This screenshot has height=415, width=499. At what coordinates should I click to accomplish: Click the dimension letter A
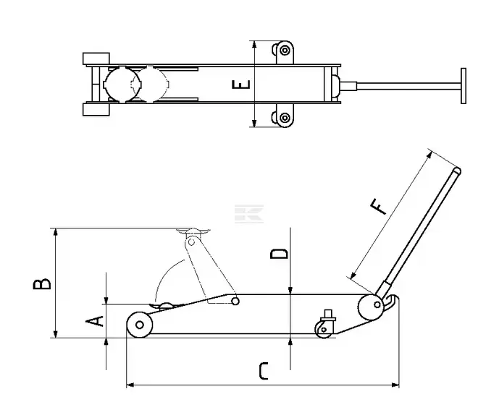click(95, 321)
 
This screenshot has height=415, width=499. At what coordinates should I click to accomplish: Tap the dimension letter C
click(264, 371)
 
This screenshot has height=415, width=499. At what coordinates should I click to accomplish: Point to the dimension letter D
click(279, 254)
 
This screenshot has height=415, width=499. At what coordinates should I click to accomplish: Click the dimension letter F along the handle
click(379, 207)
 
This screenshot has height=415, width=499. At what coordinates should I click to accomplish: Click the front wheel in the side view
click(139, 325)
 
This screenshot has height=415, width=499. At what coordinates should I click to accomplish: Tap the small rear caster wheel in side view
click(324, 330)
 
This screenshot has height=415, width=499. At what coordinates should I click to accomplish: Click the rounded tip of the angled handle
click(457, 171)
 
